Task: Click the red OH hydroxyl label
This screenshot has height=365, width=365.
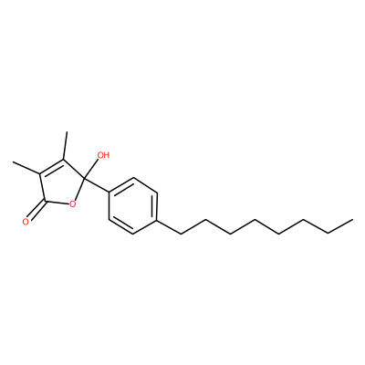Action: pyautogui.click(x=103, y=155)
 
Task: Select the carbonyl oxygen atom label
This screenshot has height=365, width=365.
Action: pyautogui.click(x=26, y=222)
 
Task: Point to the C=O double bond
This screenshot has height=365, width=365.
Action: pyautogui.click(x=36, y=211)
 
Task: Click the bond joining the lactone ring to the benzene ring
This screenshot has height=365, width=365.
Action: pyautogui.click(x=97, y=185)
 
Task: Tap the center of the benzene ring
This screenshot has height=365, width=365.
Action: pyautogui.click(x=133, y=205)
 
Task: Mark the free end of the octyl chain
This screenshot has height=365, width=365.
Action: pyautogui.click(x=353, y=219)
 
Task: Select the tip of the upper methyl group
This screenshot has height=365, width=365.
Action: pyautogui.click(x=67, y=131)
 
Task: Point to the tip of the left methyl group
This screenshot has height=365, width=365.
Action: pyautogui.click(x=14, y=162)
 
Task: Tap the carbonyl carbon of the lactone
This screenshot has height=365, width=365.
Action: pyautogui.click(x=45, y=201)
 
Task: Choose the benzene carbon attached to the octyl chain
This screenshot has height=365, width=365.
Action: pyautogui.click(x=158, y=220)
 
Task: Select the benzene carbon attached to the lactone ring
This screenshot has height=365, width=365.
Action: pyautogui.click(x=109, y=192)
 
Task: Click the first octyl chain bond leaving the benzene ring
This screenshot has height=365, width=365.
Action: pyautogui.click(x=170, y=226)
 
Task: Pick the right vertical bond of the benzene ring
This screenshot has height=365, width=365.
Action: pyautogui.click(x=156, y=205)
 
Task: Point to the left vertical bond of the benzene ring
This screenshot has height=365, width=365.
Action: pyautogui.click(x=109, y=205)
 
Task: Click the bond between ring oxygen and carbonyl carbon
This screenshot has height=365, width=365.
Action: pyautogui.click(x=57, y=203)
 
